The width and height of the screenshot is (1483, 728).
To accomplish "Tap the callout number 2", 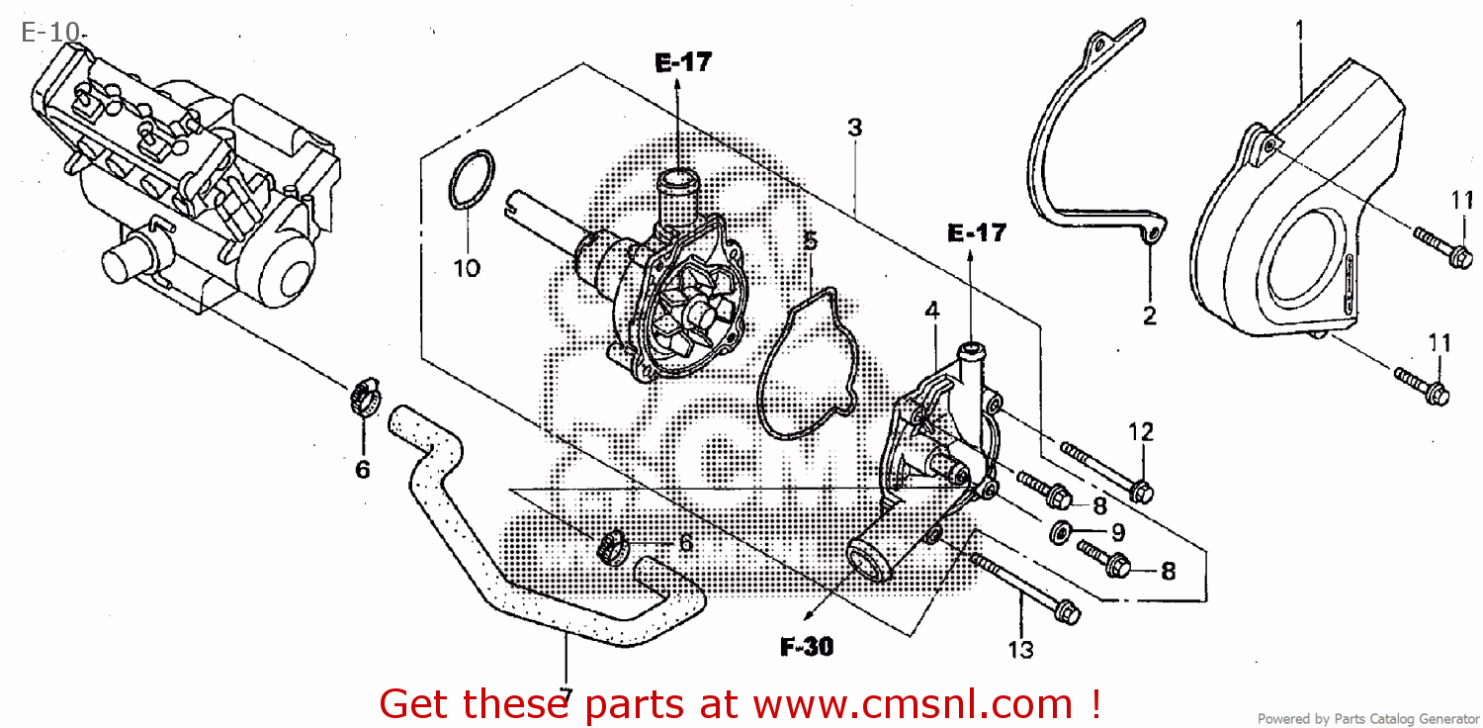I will tap(1149, 317).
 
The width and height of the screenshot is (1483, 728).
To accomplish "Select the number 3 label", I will tap(854, 128).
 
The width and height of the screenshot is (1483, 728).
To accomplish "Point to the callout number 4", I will tap(931, 311).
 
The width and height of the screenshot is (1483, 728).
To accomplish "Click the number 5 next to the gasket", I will tap(810, 241).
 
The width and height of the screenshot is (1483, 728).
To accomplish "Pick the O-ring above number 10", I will tap(470, 181).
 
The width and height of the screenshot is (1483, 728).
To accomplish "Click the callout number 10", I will tap(467, 267).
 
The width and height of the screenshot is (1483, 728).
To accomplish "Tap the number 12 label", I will tap(1141, 431).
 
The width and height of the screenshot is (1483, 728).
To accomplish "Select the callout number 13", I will tap(1020, 649).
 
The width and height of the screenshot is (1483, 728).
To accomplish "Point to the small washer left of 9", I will tap(1060, 532).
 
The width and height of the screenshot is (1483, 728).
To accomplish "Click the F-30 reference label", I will tap(807, 648).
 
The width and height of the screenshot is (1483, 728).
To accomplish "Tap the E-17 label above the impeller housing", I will tap(682, 63).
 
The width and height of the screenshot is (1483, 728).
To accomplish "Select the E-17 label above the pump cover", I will tap(976, 233).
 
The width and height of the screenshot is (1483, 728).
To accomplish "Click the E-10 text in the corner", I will tap(49, 33).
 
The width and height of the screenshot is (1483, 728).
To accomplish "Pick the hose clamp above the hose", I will tap(363, 398).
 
